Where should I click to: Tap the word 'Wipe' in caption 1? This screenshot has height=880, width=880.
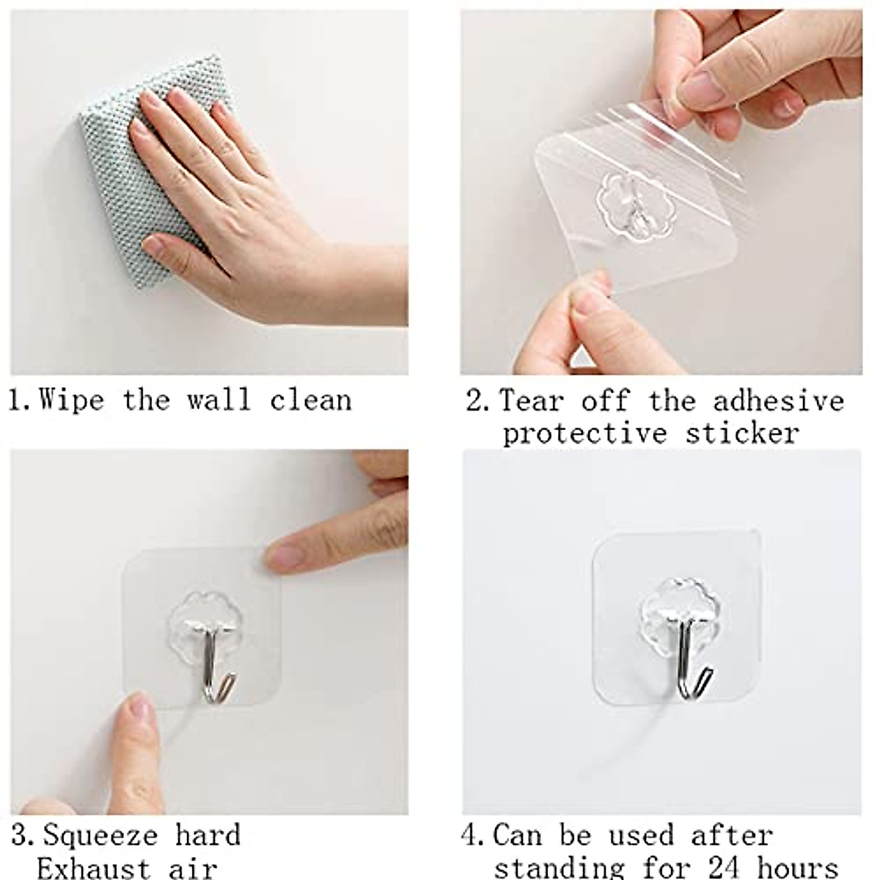[71, 400]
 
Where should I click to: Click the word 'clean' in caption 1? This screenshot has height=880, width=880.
[310, 400]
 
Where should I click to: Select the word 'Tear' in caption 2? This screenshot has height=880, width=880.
[532, 401]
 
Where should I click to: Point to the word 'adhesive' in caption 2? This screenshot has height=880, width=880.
[779, 401]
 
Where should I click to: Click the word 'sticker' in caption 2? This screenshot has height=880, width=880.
[742, 433]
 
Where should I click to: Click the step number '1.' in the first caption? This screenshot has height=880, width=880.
[19, 401]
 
